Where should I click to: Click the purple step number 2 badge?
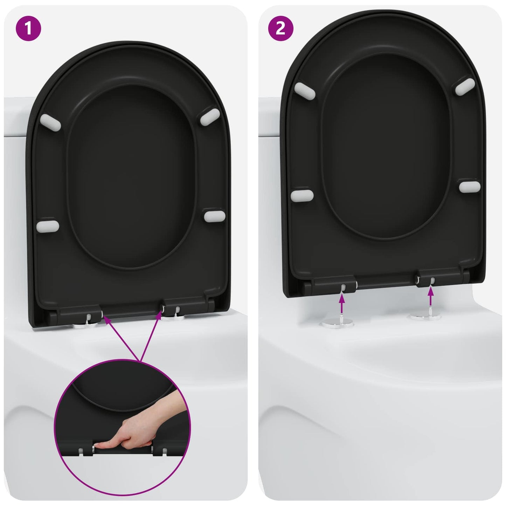[x=280, y=28]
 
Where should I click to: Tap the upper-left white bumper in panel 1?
[x=50, y=120]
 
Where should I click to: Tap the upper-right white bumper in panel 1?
[x=210, y=116]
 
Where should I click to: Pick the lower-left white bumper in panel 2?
[x=302, y=195]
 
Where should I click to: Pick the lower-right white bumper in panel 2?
[x=470, y=186]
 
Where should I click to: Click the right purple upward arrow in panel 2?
[x=430, y=296]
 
